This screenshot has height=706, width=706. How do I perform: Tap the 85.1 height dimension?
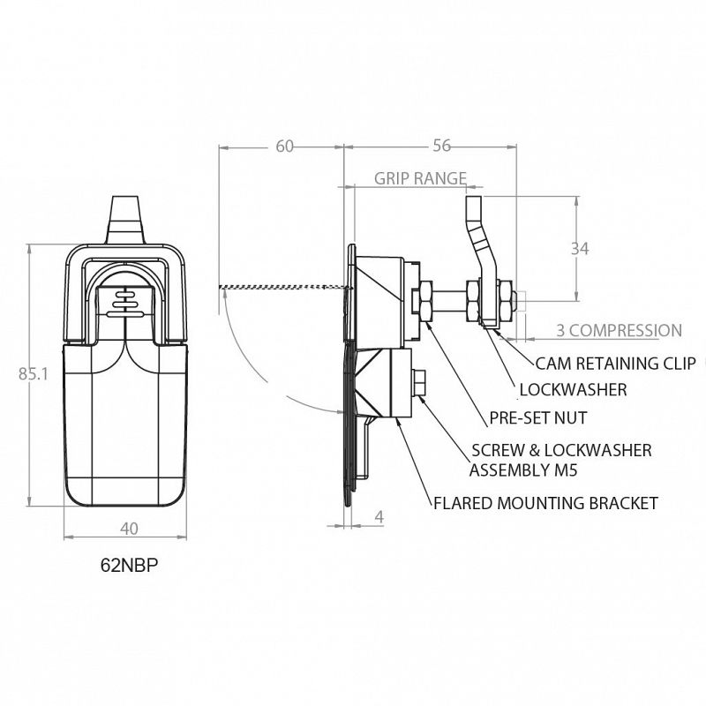[33, 374]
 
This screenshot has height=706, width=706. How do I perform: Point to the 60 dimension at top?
[284, 146]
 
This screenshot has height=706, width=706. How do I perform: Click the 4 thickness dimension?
[379, 517]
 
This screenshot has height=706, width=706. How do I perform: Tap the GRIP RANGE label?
[420, 178]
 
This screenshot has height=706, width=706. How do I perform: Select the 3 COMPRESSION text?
[618, 331]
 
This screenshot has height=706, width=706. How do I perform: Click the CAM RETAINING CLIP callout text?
[614, 363]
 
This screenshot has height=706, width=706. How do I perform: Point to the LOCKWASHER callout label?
[573, 389]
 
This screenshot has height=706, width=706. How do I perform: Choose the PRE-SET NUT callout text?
[537, 418]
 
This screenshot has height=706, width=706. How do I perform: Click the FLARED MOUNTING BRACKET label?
[545, 503]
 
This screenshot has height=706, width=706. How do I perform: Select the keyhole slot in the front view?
[127, 302]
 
